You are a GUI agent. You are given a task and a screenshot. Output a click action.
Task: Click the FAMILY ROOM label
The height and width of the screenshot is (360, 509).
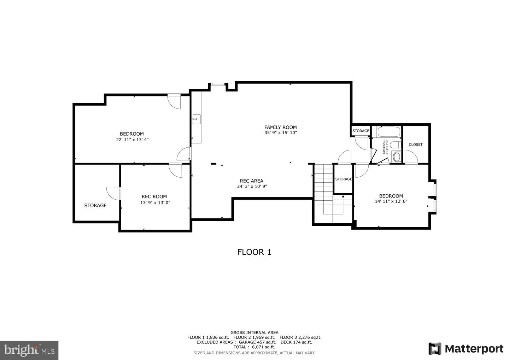click(x=280, y=127)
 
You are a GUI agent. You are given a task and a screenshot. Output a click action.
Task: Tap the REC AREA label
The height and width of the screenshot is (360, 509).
click(x=251, y=181)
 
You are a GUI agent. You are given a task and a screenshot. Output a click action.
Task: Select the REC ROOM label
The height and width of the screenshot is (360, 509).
click(x=154, y=196)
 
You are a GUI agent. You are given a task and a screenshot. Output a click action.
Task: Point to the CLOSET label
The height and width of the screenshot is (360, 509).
click(x=415, y=144)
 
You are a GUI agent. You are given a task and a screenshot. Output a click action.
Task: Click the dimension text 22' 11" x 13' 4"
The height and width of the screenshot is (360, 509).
click(x=132, y=140)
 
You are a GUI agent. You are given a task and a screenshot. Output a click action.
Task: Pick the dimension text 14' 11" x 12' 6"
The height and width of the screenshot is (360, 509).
click(x=391, y=201)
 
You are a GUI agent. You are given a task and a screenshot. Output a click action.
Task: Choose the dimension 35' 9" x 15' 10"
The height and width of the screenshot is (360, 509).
click(x=280, y=133)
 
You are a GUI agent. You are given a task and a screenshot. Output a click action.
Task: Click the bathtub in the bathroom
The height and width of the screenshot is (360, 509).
click(x=388, y=132)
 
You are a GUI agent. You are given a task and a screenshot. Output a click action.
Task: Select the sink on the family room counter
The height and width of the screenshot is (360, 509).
click(x=196, y=119)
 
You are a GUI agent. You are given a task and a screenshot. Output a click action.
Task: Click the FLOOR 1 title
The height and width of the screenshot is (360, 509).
click(x=254, y=252)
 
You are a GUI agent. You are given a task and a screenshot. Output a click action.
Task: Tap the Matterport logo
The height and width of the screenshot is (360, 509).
click(x=466, y=349)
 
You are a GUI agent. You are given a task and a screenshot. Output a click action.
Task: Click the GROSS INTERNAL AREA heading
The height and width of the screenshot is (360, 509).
click(x=254, y=332)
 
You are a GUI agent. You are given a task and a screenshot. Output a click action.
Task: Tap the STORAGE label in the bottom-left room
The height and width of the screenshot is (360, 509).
click(x=95, y=205)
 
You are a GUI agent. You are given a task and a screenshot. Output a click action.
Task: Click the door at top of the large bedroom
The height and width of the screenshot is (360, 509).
click(x=174, y=101)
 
